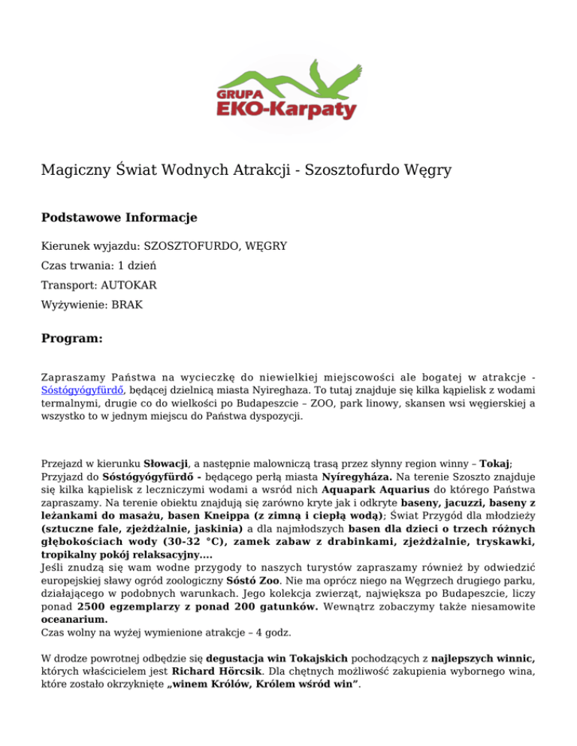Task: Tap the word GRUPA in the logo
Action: click(238, 95)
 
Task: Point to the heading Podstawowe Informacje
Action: click(119, 218)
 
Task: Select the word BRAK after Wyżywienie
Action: click(128, 306)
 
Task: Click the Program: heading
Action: click(71, 339)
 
